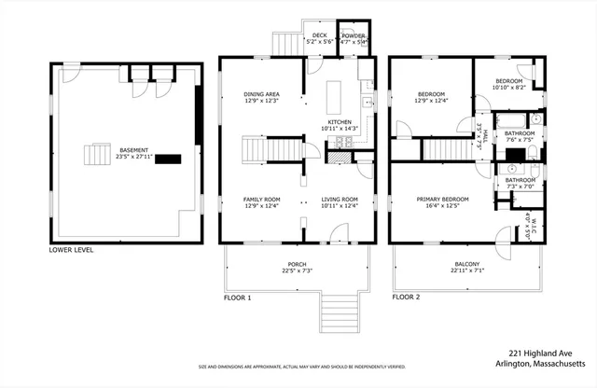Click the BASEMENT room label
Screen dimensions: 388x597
[136, 149]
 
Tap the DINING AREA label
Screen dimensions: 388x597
[262, 94]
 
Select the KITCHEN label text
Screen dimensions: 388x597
[338, 122]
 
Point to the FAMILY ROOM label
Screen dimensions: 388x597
[262, 200]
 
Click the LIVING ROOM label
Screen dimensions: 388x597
[340, 200]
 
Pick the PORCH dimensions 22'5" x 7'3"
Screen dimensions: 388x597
[296, 271]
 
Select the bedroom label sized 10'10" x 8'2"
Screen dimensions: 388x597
[508, 81]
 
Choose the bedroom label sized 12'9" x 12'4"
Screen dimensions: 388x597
[431, 94]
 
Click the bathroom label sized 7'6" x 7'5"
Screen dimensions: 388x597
[520, 133]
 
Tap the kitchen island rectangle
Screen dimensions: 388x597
[338, 95]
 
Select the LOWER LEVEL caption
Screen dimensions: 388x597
[71, 250]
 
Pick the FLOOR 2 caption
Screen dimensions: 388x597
[406, 298]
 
